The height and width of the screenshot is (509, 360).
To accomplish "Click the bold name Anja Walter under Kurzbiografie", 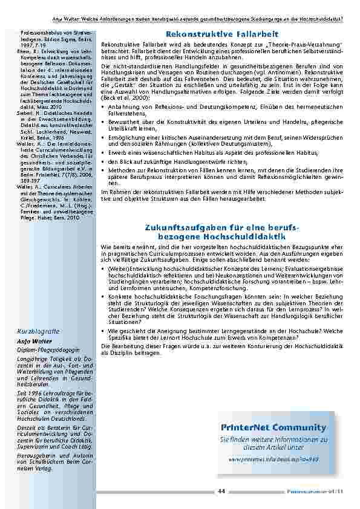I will point(35,340).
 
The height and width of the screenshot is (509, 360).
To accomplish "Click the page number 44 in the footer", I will point(221,490).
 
